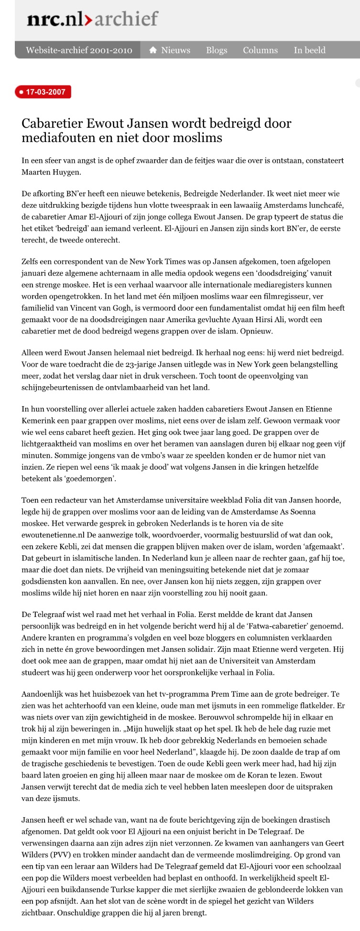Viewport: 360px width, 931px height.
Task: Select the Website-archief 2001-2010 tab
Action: click(79, 50)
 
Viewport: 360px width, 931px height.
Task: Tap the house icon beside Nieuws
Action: click(153, 50)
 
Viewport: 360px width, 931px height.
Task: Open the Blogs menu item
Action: click(217, 50)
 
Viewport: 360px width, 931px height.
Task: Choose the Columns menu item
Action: click(260, 50)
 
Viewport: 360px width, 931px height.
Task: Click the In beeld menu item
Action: click(309, 50)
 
